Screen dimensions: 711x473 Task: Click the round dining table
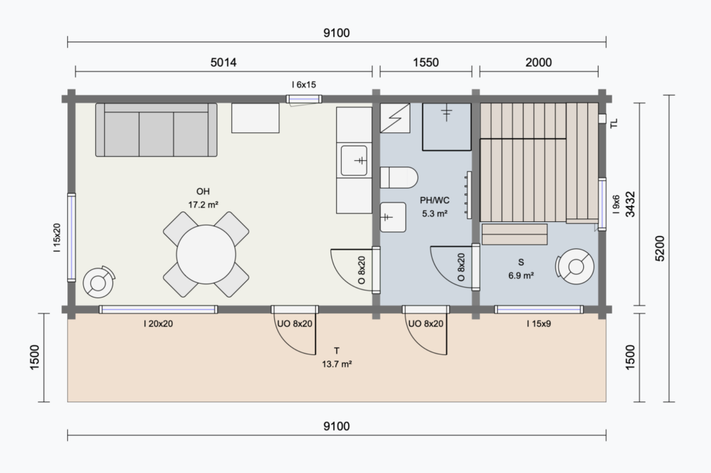206,254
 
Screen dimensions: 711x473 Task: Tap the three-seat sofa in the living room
156,130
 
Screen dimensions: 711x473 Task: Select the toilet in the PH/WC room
399,178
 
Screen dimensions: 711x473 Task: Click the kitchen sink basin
353,160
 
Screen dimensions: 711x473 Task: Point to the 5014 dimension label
223,62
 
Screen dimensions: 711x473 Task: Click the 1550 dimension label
426,62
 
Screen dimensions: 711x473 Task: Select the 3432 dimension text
630,205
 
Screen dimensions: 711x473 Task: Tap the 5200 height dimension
660,248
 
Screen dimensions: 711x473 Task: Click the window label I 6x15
304,85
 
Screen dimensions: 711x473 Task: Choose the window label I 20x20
158,324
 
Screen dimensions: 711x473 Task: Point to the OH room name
203,191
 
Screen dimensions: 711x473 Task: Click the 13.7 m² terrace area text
337,364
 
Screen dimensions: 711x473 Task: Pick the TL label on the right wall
614,123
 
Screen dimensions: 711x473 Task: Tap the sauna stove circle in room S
576,266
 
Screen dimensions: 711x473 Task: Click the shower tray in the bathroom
446,127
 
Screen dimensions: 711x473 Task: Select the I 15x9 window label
539,324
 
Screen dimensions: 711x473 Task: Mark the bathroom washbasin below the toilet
393,217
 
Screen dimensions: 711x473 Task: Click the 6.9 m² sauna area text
521,275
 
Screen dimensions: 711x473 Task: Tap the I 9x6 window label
616,205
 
